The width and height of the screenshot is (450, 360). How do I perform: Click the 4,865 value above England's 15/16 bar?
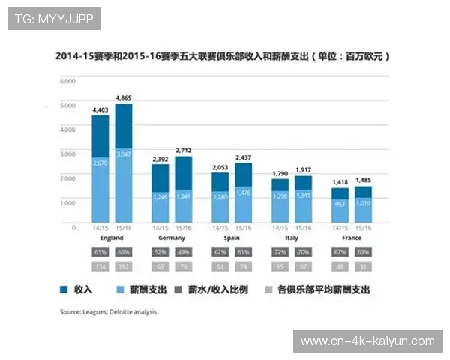[x=124, y=97]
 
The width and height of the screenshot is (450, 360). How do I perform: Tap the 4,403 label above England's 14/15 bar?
[x=100, y=109]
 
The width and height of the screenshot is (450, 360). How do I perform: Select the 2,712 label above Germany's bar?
[x=184, y=150]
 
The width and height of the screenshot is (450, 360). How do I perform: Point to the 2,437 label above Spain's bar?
[x=243, y=157]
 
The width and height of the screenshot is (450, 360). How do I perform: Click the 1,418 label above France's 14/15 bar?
[x=340, y=181]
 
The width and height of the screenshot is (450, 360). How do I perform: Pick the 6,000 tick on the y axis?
[x=67, y=80]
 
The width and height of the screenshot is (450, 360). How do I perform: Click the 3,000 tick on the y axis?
[x=67, y=154]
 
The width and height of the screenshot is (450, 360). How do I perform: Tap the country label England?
[x=112, y=237]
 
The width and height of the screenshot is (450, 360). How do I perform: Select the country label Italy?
[x=291, y=237]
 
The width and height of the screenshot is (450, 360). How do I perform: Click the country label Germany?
[x=172, y=237]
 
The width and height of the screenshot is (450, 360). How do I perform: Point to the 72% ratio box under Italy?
[x=280, y=251]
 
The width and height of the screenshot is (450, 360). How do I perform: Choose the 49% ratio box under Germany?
[x=184, y=251]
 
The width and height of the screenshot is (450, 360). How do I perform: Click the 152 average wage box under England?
[x=124, y=265]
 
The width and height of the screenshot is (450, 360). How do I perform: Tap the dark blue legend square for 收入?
[x=64, y=289]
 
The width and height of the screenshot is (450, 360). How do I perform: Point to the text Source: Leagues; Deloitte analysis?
[x=109, y=310]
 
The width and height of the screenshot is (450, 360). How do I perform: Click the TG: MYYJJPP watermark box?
[x=53, y=18]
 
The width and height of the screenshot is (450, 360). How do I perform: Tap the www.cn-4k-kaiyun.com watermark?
[x=367, y=341]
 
